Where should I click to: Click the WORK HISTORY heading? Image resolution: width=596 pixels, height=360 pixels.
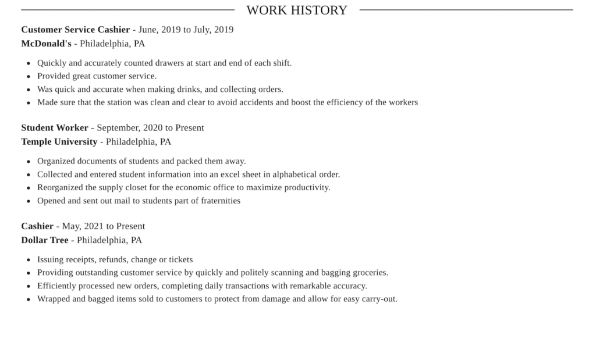(297, 10)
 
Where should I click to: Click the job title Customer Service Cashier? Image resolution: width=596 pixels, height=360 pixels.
(76, 30)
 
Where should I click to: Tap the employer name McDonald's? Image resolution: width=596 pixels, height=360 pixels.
(46, 44)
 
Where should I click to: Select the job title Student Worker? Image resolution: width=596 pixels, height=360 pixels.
(55, 128)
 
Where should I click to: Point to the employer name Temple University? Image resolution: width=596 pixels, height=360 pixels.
(59, 142)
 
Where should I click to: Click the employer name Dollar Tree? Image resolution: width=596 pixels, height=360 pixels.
(45, 240)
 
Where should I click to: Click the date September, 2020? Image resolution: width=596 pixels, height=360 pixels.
(130, 128)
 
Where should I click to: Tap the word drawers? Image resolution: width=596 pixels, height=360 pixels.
(169, 63)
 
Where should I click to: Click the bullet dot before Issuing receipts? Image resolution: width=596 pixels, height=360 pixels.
(29, 260)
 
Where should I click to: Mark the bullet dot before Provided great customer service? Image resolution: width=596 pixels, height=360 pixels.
(29, 76)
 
